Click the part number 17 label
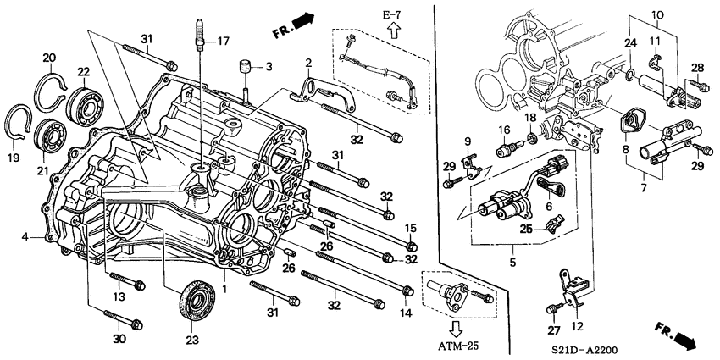click(x=224, y=41)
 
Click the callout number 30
click(x=119, y=339)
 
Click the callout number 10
click(x=658, y=15)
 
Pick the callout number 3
click(x=269, y=66)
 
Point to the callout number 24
click(x=629, y=43)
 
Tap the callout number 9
click(x=465, y=139)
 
